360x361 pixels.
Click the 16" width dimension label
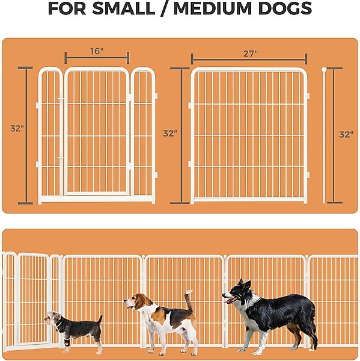(x=97, y=51)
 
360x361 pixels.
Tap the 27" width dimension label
(x=251, y=54)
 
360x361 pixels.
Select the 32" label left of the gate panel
(x=17, y=129)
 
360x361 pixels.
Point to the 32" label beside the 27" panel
(x=170, y=134)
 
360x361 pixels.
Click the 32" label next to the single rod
(x=346, y=135)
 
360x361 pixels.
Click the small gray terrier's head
(x=52, y=319)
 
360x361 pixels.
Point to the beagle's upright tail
(x=189, y=300)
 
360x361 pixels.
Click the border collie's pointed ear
(x=246, y=285)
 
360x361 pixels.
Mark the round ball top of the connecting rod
(x=324, y=69)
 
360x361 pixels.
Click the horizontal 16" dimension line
(x=97, y=58)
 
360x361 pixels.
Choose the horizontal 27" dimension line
(x=249, y=60)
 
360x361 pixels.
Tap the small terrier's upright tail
(x=100, y=319)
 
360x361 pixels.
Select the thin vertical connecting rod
(x=324, y=135)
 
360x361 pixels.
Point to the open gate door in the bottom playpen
(x=32, y=299)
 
